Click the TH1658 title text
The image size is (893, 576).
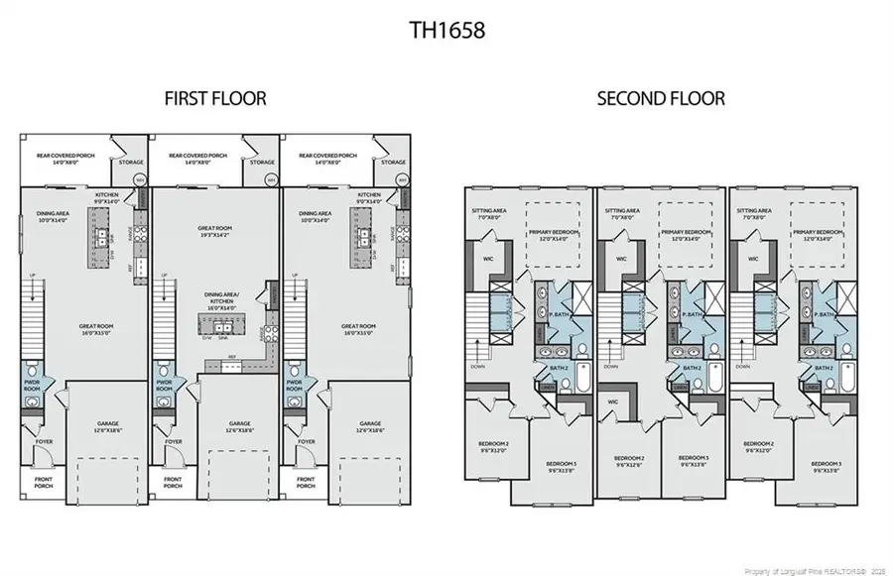tap(446, 29)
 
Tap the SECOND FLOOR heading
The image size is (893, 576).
tap(660, 99)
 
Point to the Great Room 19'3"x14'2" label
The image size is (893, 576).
tap(215, 232)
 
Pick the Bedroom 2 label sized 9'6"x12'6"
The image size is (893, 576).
tap(630, 462)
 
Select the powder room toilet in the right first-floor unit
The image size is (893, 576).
tap(295, 403)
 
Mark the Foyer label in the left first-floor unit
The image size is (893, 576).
tap(42, 442)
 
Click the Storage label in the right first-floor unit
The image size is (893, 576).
tap(394, 163)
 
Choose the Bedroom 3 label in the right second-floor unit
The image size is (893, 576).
tap(826, 467)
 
